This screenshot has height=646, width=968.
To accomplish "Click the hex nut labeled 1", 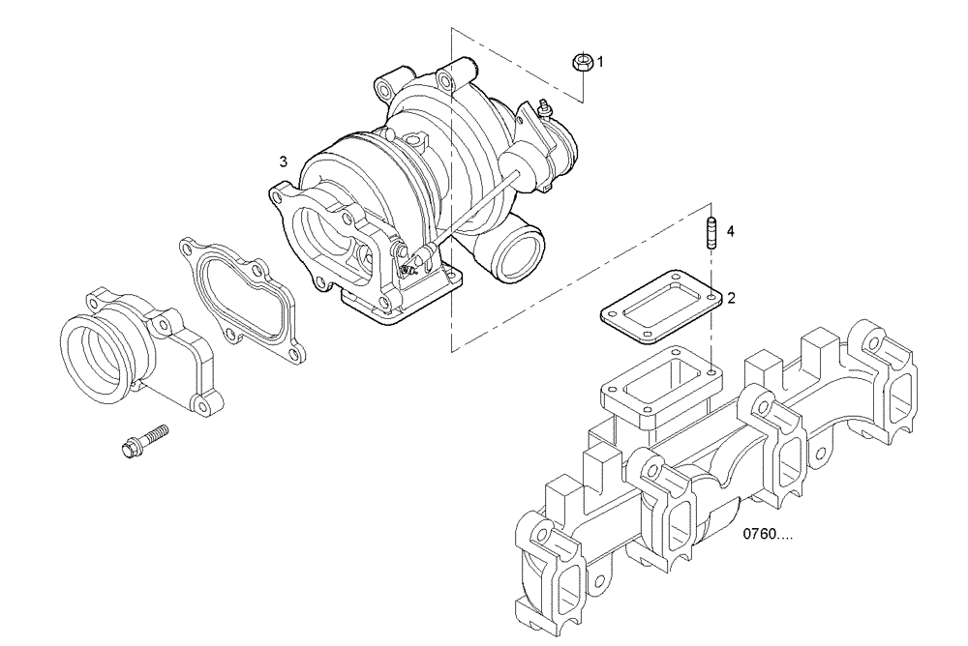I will coord(584,63).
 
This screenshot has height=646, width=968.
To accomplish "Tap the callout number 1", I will coord(600,62).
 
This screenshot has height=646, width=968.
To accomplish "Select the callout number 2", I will coord(732,298).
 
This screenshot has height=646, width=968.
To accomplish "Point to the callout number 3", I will coord(283,161).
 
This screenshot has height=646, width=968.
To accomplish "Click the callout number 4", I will coord(731,231).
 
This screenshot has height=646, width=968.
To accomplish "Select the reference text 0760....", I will coord(768,533).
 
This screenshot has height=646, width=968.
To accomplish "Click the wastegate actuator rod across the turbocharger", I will coord(474,208).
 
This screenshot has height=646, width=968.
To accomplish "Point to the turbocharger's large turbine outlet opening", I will coord(324,237).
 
